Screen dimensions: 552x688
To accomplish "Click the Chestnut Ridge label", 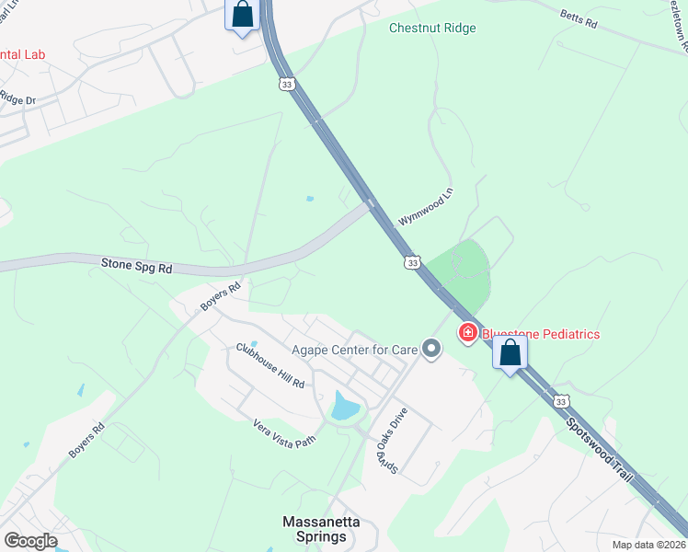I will click(432, 29).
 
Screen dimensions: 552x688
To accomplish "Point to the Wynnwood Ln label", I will click(426, 209).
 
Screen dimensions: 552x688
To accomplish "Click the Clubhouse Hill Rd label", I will click(269, 365).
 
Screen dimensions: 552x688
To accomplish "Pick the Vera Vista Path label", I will click(284, 431).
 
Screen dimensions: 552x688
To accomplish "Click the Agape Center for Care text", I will click(353, 349).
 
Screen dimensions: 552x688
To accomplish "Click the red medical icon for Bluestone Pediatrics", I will click(467, 332).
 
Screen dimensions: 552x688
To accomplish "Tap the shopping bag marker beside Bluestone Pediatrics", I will click(510, 352).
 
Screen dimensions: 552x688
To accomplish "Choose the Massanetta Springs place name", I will click(321, 529).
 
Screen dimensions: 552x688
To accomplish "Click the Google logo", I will click(30, 541).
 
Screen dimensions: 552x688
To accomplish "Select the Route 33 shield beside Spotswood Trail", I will click(560, 401).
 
